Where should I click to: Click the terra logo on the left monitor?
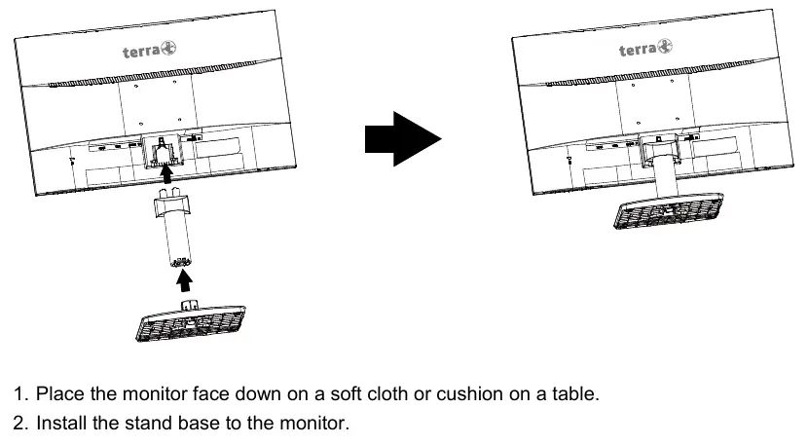tap(150, 50)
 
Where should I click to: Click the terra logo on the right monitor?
tap(645, 49)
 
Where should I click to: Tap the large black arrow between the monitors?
tap(403, 138)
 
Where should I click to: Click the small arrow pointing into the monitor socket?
tap(165, 173)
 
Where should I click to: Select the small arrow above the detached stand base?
tap(184, 280)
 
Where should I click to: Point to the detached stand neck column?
tap(173, 226)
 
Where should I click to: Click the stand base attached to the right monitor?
tap(669, 210)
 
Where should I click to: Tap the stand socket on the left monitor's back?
tap(163, 150)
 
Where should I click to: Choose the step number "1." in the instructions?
tap(21, 394)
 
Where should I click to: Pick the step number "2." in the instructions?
tap(21, 423)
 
